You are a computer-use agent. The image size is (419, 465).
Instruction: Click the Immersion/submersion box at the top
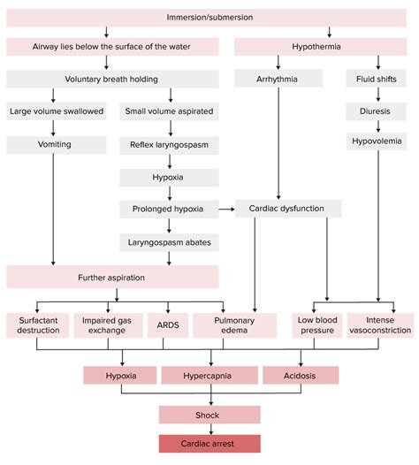point(209,18)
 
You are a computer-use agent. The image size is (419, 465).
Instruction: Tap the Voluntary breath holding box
point(107,80)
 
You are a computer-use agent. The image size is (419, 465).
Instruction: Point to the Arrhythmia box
point(278,80)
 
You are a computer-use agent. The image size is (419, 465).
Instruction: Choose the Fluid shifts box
point(378,80)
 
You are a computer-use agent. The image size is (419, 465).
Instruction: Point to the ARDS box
point(166,324)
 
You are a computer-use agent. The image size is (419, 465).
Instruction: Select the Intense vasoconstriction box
point(380,324)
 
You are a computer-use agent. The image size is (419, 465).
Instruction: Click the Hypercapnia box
point(209,375)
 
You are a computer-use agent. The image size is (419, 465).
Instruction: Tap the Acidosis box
point(300,375)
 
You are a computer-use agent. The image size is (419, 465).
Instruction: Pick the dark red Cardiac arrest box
point(209,443)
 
